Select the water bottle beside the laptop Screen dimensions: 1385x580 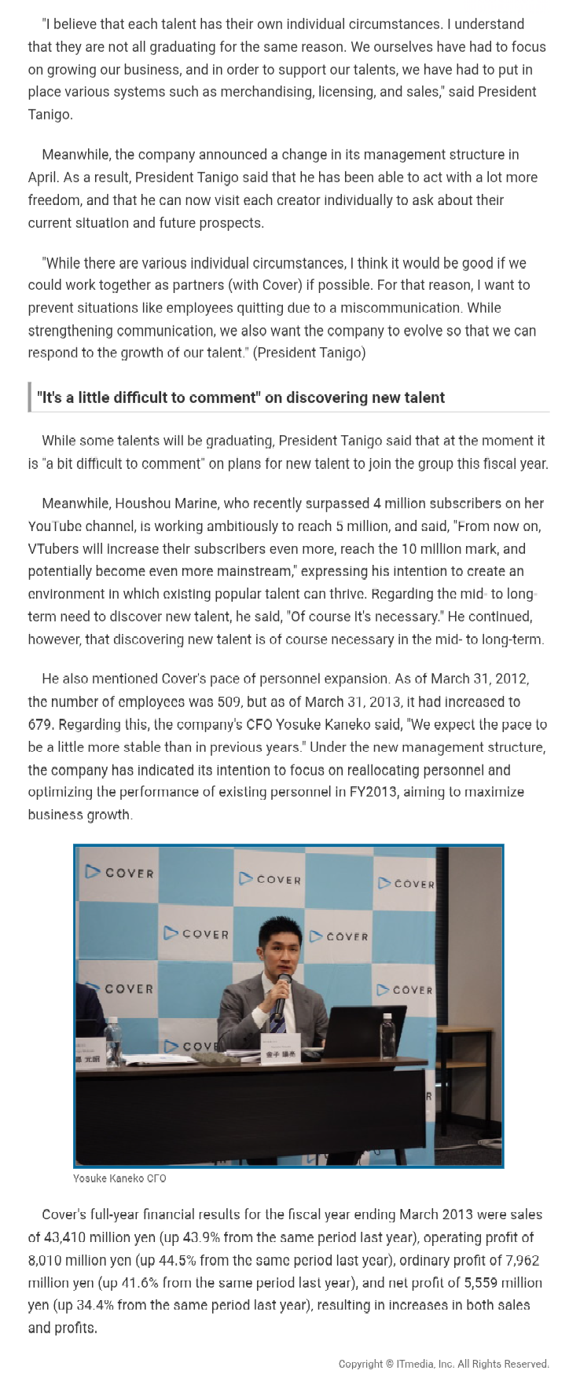pos(387,1038)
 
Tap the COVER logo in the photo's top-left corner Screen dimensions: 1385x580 pos(119,872)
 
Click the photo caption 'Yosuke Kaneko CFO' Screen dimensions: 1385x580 pos(119,1178)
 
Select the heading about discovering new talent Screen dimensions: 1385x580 pos(240,398)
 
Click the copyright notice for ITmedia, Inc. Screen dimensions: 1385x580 pos(443,1364)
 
